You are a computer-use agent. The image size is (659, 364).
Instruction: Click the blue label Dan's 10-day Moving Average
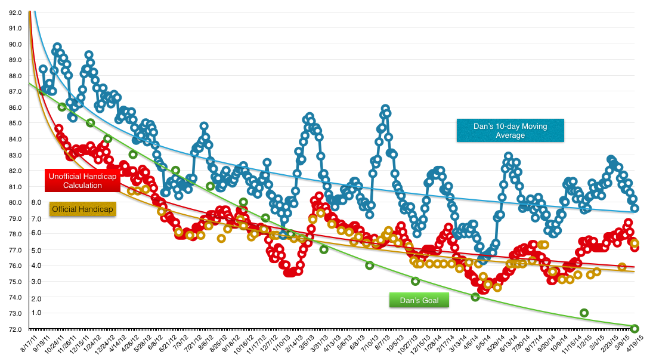tap(510, 131)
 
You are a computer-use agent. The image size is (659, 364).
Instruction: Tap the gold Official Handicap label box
tap(82, 209)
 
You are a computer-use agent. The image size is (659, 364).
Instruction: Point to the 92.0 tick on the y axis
tap(14, 13)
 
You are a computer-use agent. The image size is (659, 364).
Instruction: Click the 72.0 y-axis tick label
tap(14, 329)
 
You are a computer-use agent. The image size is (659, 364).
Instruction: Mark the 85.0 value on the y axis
tap(14, 123)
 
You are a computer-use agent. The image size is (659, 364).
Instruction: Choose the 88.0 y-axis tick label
tap(14, 76)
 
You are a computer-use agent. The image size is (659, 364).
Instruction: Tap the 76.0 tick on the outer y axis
tap(14, 266)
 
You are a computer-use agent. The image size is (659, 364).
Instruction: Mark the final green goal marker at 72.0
tap(635, 328)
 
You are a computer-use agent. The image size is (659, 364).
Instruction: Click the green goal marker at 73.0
tap(584, 313)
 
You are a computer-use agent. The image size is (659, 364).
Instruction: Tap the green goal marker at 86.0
tap(61, 107)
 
